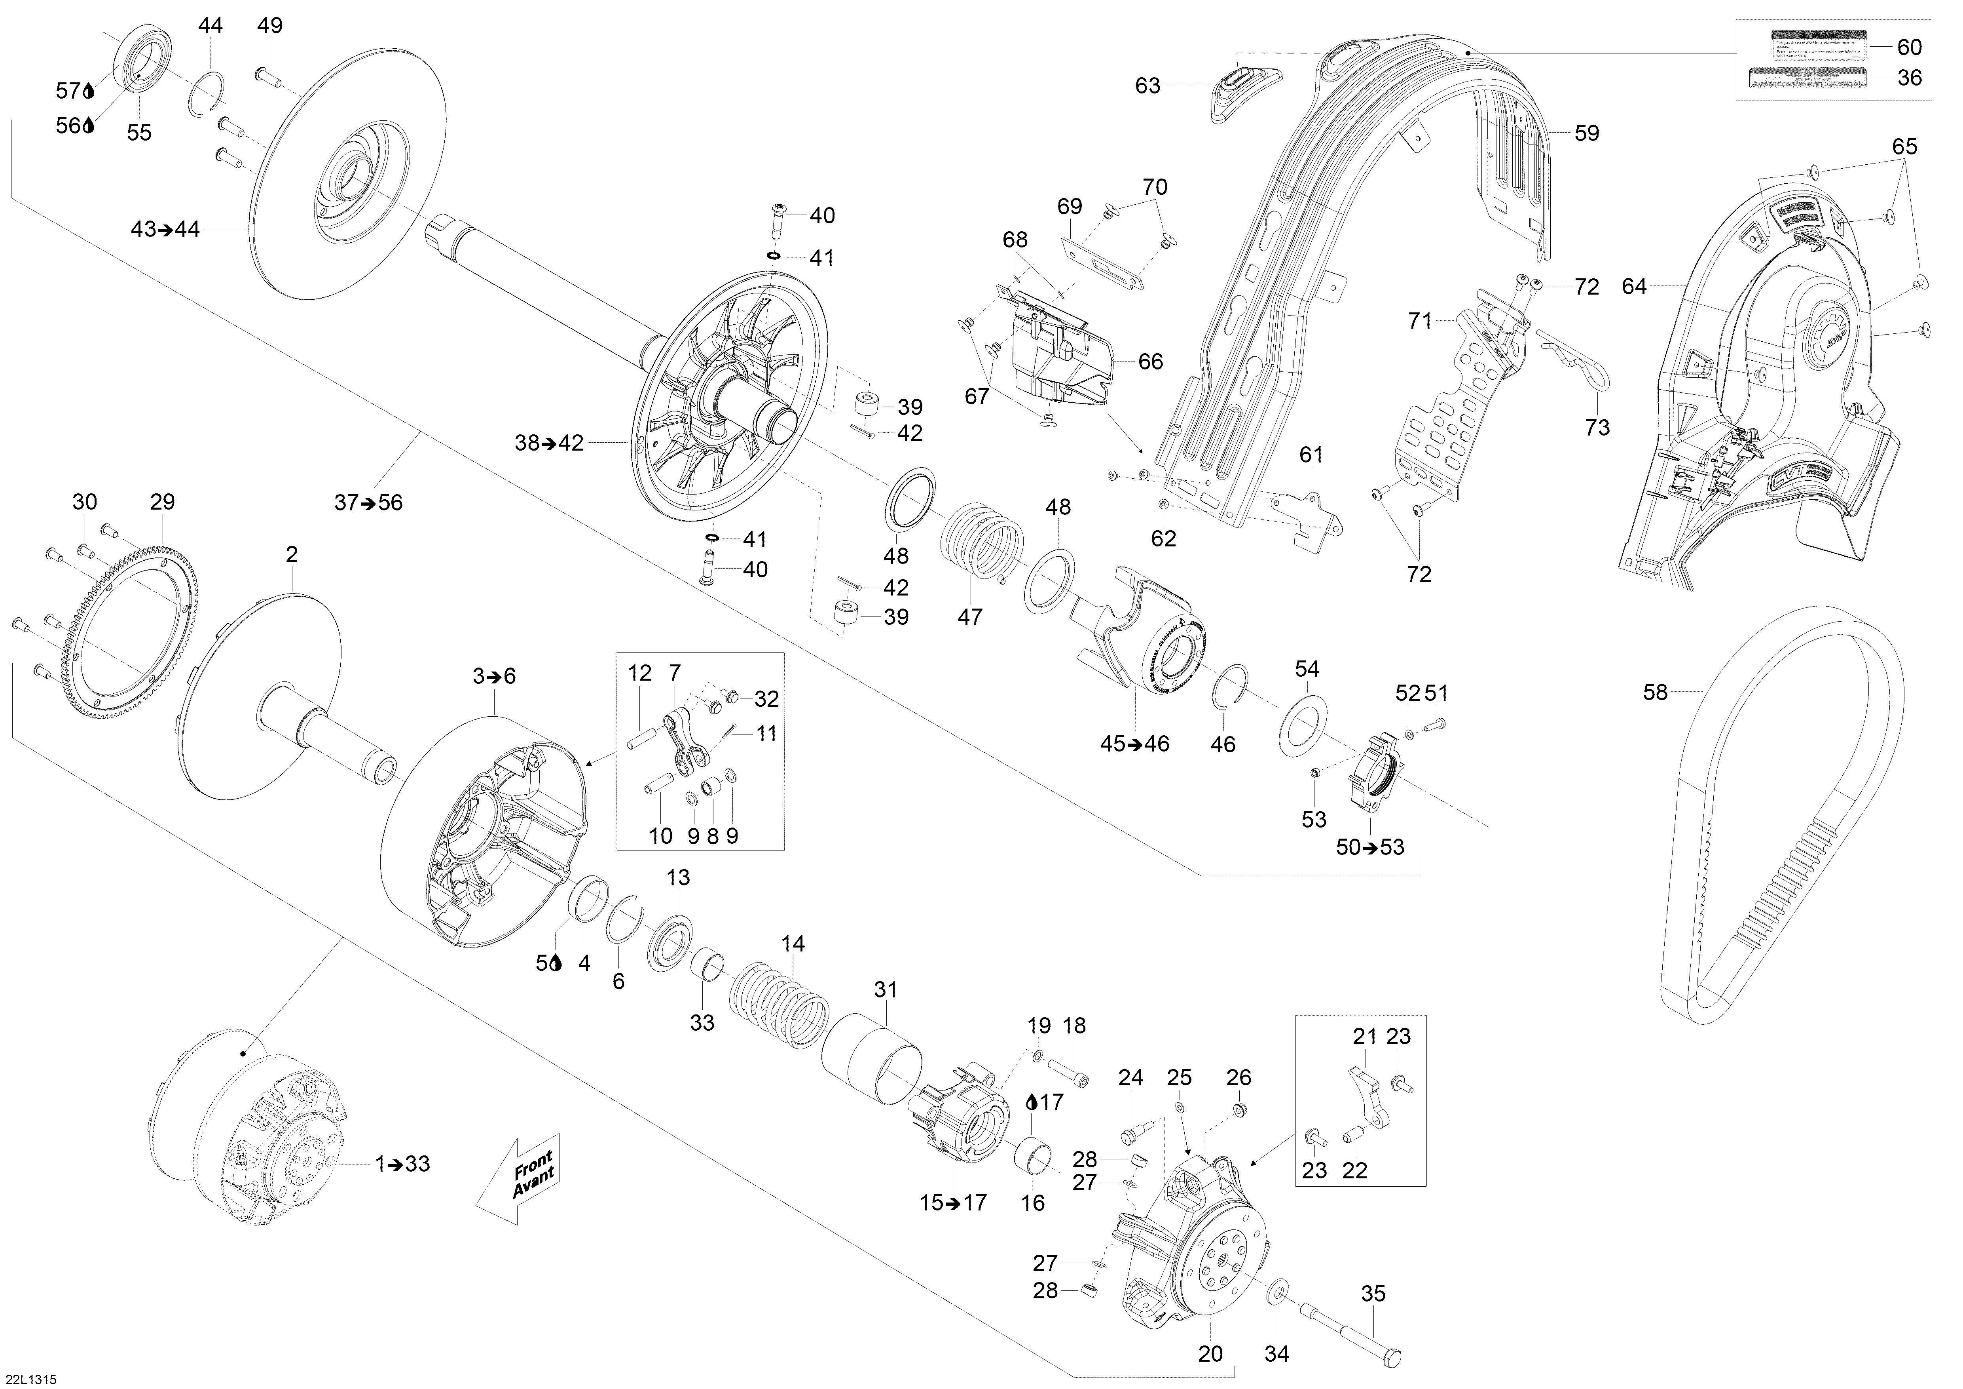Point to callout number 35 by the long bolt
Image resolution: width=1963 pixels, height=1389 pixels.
(1373, 1294)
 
